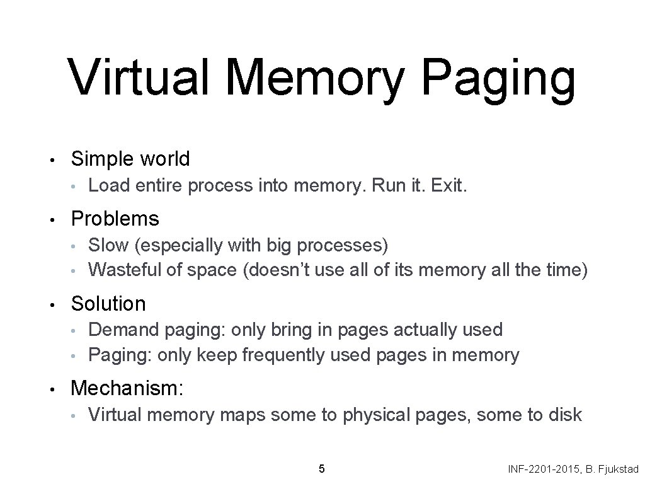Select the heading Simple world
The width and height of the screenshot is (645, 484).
(x=130, y=159)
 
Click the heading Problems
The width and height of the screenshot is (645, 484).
(x=115, y=219)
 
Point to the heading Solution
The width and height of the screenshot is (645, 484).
(x=108, y=304)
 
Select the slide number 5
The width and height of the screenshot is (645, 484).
(x=322, y=468)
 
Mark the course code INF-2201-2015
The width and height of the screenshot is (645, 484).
(x=542, y=470)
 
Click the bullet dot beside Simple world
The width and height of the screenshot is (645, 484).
(x=56, y=159)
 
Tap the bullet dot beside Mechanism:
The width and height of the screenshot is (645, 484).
(x=56, y=389)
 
